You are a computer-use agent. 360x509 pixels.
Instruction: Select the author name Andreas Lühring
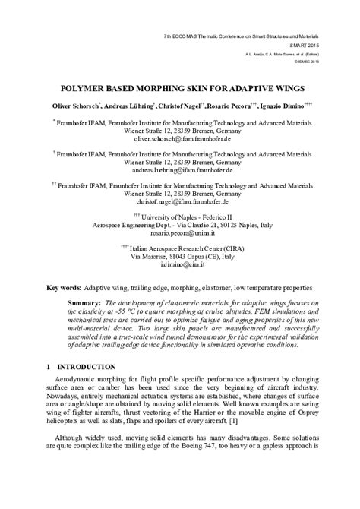pyautogui.click(x=130, y=105)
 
